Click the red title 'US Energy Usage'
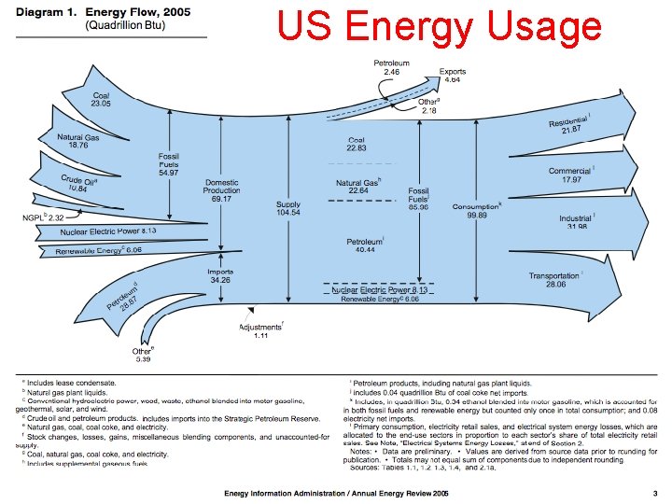pyautogui.click(x=440, y=27)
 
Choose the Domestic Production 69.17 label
pyautogui.click(x=222, y=189)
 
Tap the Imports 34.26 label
pyautogui.click(x=221, y=274)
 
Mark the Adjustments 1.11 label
pyautogui.click(x=260, y=331)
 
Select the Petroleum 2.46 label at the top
pyautogui.click(x=392, y=66)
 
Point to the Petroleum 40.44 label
pyautogui.click(x=361, y=245)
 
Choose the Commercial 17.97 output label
pyautogui.click(x=570, y=175)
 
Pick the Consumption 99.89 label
pyautogui.click(x=477, y=211)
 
